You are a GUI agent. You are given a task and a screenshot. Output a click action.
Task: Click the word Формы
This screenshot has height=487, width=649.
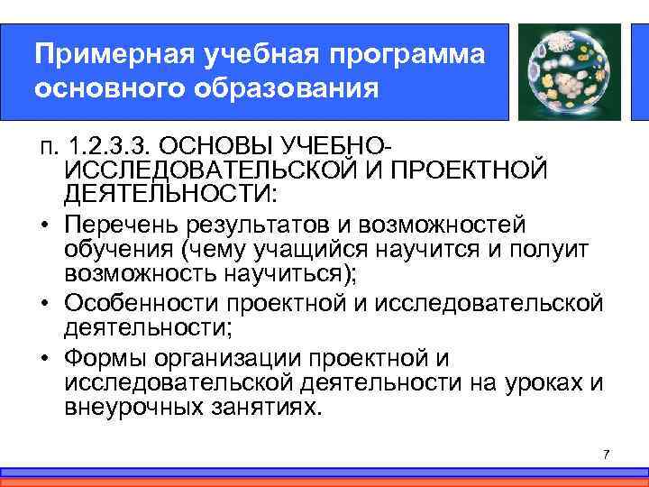[104, 357]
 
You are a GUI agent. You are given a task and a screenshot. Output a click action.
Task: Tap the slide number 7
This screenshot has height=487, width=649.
[606, 453]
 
